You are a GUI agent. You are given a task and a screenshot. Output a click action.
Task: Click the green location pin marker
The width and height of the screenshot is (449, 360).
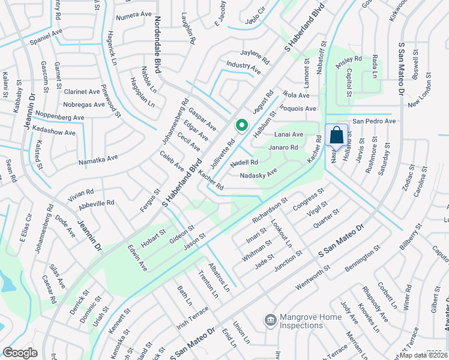click(241, 125)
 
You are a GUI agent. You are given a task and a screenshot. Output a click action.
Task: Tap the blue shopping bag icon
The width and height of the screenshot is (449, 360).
click(336, 135)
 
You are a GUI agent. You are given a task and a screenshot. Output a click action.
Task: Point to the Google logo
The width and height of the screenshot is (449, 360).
click(20, 353)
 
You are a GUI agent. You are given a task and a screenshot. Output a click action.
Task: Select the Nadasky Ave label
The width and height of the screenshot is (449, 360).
click(258, 173)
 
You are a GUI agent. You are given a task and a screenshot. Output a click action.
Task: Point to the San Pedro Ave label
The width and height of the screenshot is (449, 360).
click(373, 121)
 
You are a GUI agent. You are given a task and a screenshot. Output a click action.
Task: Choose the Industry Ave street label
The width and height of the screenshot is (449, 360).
click(243, 67)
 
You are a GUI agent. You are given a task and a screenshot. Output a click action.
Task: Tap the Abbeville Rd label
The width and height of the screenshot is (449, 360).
click(96, 203)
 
